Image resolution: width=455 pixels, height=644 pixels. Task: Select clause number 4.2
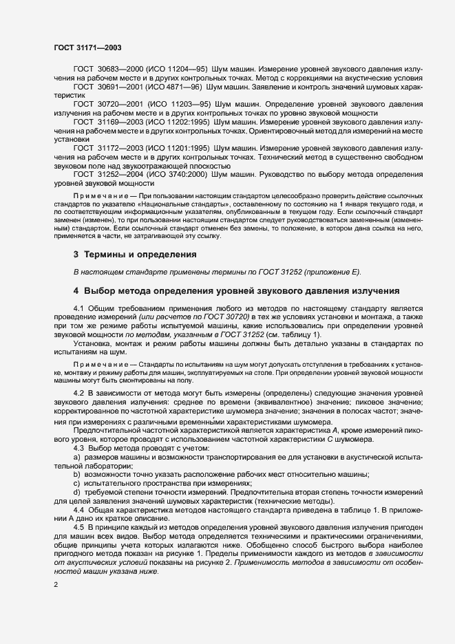[78, 392]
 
